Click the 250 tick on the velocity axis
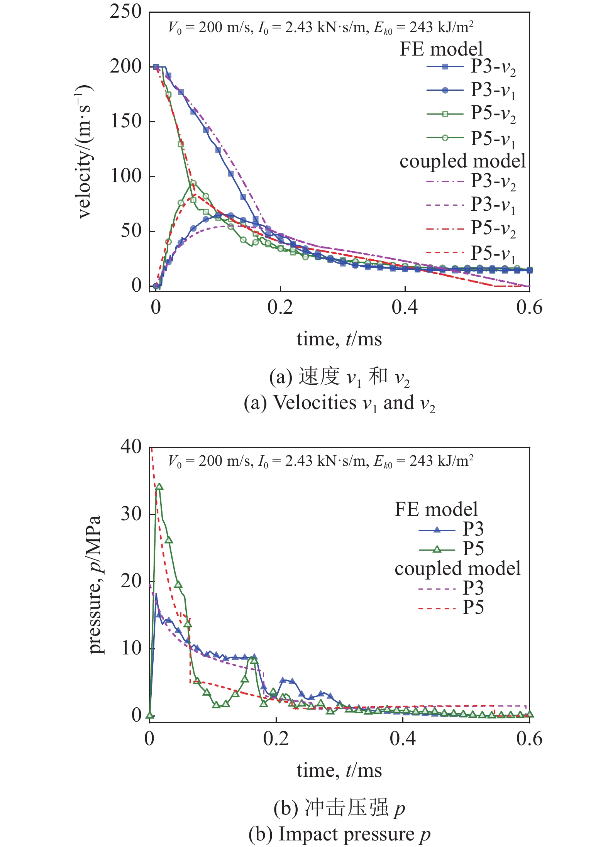126,12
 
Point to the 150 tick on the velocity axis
126,121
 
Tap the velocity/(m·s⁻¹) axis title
84,151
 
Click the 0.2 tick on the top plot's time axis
280,308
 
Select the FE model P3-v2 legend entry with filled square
471,67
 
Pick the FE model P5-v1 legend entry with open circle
471,138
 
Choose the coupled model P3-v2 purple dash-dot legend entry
471,181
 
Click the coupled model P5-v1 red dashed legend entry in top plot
471,253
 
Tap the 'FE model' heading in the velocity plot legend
441,49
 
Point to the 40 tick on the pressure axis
131,447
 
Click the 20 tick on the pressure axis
131,581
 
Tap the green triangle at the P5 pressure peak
159,487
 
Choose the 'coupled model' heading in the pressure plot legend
457,569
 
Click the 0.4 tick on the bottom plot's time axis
403,739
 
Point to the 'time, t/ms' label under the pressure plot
339,771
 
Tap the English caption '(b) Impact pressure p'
339,834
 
